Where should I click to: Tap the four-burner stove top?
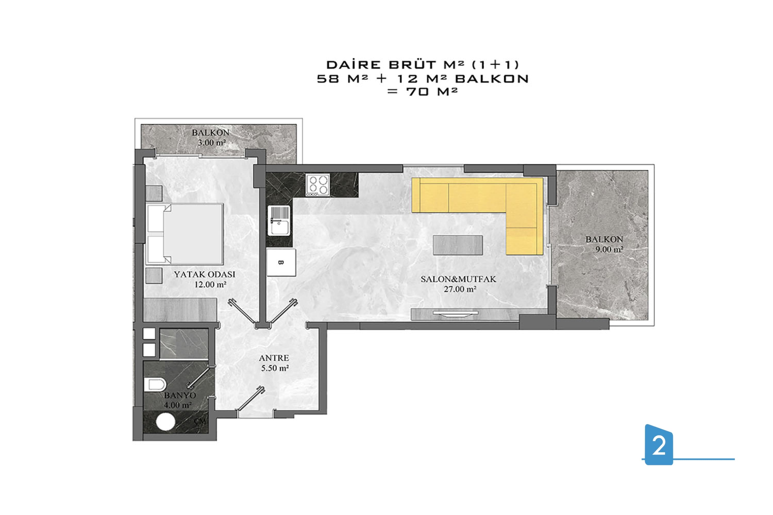pos(318,185)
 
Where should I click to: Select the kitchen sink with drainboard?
pos(279,221)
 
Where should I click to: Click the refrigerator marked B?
pos(281,262)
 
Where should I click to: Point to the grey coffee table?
pos(458,245)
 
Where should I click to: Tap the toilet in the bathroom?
pos(155,384)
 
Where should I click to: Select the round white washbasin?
pos(165,422)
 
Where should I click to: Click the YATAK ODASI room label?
pos(204,274)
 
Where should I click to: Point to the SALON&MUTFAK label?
pos(458,279)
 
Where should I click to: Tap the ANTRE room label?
pos(274,358)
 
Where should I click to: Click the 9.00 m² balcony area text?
pos(609,249)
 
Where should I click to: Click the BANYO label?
pos(180,395)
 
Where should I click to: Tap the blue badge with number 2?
pos(659,445)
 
